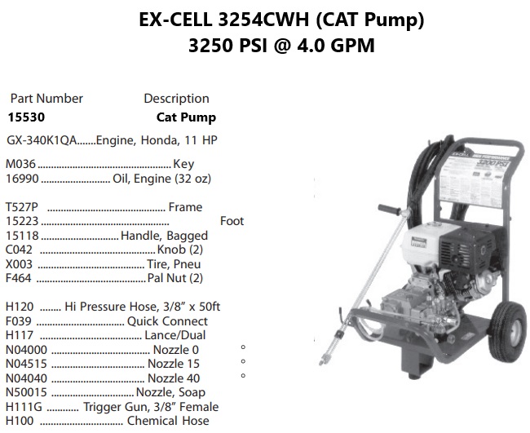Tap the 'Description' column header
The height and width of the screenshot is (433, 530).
[x=176, y=98]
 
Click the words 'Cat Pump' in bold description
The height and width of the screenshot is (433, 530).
[x=186, y=117]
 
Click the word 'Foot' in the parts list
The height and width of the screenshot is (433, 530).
[x=232, y=221]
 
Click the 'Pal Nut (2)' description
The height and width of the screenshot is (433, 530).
[x=175, y=278]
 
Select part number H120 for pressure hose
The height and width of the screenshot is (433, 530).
[x=20, y=307]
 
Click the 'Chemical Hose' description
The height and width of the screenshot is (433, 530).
[x=167, y=421]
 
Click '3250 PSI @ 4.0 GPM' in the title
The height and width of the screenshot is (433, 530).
[x=281, y=45]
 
